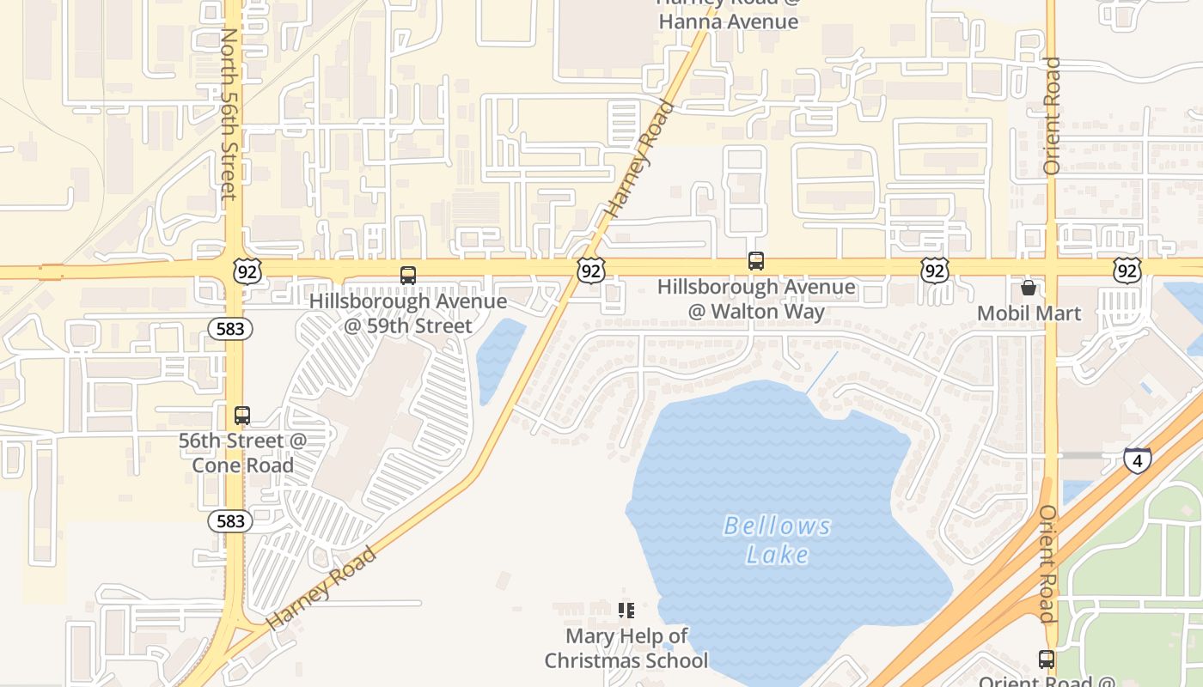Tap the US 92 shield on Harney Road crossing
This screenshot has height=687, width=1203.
click(x=590, y=271)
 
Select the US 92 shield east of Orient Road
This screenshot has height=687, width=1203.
click(x=1127, y=271)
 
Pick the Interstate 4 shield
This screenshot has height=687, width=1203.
click(x=1138, y=460)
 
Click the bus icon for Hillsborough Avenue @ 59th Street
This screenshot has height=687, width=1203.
click(x=408, y=276)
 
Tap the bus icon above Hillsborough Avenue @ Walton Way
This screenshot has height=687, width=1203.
click(x=756, y=261)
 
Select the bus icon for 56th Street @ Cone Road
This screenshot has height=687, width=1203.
click(x=242, y=416)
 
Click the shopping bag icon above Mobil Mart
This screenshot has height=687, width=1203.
click(x=1029, y=288)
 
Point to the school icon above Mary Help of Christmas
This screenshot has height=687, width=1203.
click(x=626, y=611)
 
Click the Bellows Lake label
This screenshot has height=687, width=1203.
click(x=778, y=539)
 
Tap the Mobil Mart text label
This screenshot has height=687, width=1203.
click(x=1029, y=313)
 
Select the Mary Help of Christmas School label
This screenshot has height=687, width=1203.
click(x=626, y=648)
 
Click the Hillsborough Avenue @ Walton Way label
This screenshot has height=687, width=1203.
click(x=756, y=299)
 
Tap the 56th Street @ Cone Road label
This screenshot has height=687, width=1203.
click(x=242, y=453)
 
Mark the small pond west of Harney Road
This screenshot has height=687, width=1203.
click(x=498, y=359)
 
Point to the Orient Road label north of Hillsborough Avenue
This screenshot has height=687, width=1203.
click(x=1052, y=116)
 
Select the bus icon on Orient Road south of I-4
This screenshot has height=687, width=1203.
click(x=1046, y=660)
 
